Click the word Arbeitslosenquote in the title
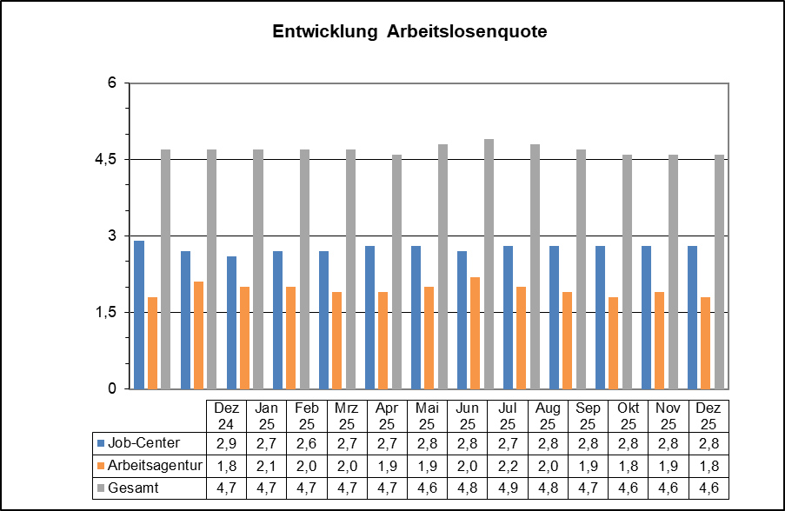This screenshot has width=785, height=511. (467, 32)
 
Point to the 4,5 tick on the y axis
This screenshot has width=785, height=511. (106, 160)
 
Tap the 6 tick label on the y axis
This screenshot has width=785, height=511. (112, 83)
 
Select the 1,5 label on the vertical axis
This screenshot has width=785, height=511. (106, 313)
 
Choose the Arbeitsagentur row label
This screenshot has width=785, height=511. (155, 466)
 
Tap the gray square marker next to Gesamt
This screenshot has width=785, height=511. (101, 488)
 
